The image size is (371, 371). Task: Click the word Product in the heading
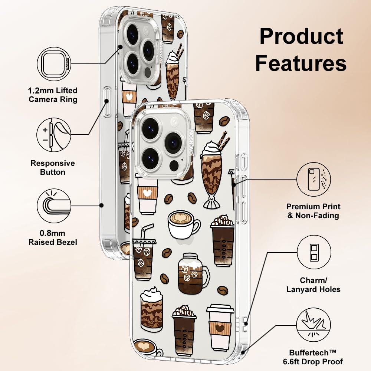[x=301, y=37]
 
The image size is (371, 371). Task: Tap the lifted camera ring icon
[x=54, y=64]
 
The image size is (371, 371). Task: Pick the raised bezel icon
[x=54, y=205]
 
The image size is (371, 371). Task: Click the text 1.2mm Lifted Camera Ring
[x=53, y=95]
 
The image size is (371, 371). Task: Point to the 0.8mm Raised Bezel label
[x=53, y=238]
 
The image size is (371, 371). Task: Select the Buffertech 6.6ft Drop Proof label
[x=316, y=357]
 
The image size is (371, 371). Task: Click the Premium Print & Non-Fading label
[x=313, y=211]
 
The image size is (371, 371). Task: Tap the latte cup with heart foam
[x=183, y=224]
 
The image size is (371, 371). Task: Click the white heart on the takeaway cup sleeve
[x=148, y=193]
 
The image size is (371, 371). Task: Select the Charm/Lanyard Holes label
[x=313, y=285]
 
